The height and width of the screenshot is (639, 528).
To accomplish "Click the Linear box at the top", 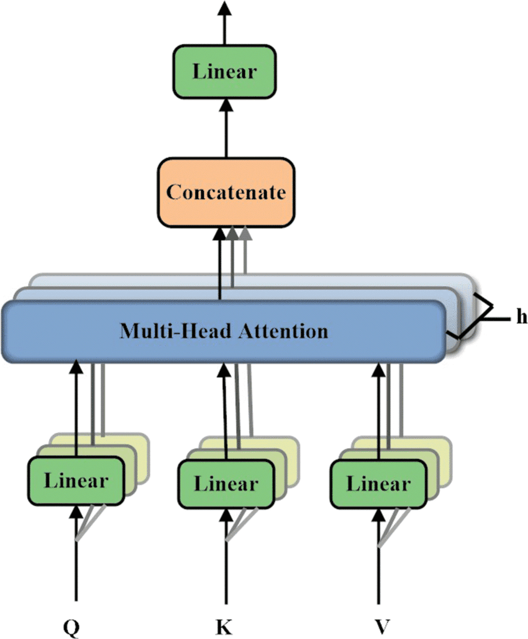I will point(224,71).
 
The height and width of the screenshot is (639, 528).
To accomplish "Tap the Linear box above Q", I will point(76,481).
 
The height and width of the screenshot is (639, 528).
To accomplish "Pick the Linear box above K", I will point(225,482).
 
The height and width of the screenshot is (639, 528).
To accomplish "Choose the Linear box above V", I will point(379,482).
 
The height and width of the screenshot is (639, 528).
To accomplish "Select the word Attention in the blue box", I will point(286,330).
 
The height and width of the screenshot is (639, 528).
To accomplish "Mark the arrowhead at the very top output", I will point(224,7).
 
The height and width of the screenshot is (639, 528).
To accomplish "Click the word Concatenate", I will point(225,192).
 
